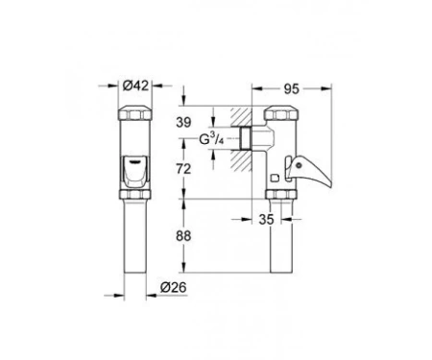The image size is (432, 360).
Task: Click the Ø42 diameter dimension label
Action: pyautogui.click(x=135, y=85)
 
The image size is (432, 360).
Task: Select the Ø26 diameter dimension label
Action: pyautogui.click(x=173, y=287)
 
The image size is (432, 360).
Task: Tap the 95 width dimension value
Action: pyautogui.click(x=292, y=89)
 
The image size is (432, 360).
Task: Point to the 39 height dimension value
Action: pyautogui.click(x=183, y=122)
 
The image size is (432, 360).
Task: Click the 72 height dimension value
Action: pyautogui.click(x=183, y=169)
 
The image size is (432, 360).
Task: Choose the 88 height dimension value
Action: pyautogui.click(x=183, y=236)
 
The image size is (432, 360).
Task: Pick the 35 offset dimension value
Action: pyautogui.click(x=267, y=220)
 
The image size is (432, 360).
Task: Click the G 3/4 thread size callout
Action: pyautogui.click(x=211, y=139)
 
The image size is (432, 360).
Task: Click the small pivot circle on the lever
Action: pyautogui.click(x=299, y=165)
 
